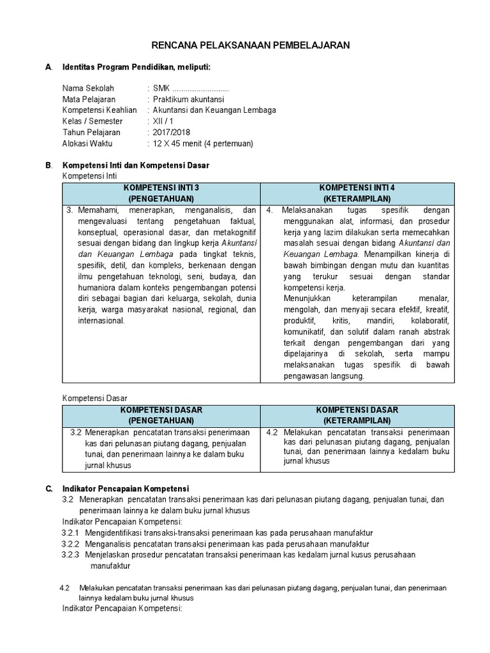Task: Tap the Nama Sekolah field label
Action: pos(88,88)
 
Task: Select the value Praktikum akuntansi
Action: pos(188,99)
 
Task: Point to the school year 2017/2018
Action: pos(172,132)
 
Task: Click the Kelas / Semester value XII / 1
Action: pos(163,121)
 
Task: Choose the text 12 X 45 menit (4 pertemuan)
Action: pos(203,143)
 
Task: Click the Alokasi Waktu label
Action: pos(87,143)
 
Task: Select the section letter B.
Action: pos(48,165)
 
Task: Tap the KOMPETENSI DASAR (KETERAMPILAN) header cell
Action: pos(357,415)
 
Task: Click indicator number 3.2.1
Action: pos(70,532)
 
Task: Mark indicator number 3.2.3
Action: pos(70,555)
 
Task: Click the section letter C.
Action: pos(48,488)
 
